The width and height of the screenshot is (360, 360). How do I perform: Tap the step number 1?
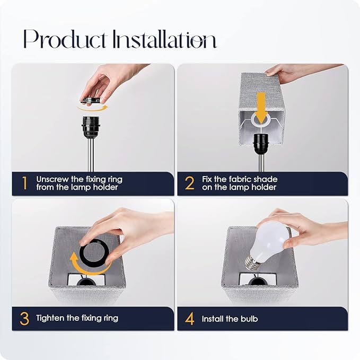click(24, 183)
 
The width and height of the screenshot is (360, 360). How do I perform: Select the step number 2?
click(190, 183)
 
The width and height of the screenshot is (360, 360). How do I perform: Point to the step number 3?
click(24, 319)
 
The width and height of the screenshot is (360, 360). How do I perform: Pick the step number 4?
click(190, 319)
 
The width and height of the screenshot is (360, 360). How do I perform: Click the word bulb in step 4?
click(249, 319)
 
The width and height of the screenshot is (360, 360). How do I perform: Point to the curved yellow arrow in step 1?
click(92, 108)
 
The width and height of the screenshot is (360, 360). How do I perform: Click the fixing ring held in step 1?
click(90, 100)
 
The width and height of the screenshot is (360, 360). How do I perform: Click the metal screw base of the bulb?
click(251, 262)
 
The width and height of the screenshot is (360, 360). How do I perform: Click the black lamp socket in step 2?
click(261, 144)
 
